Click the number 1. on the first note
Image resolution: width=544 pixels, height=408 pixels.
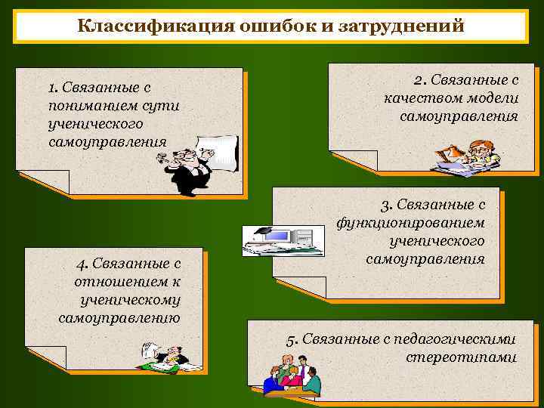tap(53, 88)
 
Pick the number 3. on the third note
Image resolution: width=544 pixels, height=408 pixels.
tap(386, 206)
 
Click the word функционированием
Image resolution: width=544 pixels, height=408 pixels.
tap(410, 224)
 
